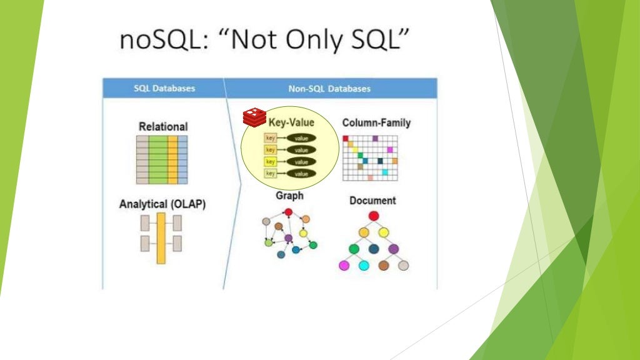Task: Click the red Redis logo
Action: coord(254,116)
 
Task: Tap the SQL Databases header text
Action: coord(164,88)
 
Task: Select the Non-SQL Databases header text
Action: coord(329,88)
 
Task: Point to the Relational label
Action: coord(163,126)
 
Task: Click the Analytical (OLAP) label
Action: coord(162,204)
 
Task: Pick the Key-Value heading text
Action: coord(291,122)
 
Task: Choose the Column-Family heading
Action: coord(376,122)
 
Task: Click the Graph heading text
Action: coord(289,196)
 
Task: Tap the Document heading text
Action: coord(372,201)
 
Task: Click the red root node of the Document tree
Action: coord(374,216)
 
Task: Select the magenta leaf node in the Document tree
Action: coord(344,266)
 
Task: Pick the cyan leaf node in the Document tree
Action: coord(364,266)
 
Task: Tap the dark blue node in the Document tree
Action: coord(374,249)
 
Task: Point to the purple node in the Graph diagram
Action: coord(288,238)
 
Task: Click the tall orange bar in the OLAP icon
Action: coord(161,237)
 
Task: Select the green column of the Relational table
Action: coord(157,159)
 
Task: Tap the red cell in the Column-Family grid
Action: coord(346,138)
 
